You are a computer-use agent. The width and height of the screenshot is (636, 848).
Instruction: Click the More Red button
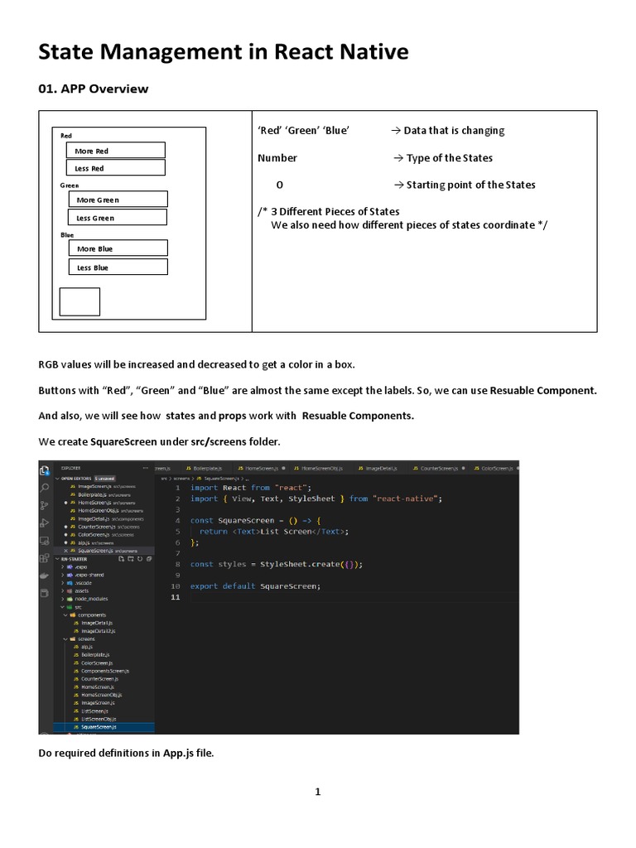[115, 151]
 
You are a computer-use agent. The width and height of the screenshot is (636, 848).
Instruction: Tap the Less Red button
[115, 168]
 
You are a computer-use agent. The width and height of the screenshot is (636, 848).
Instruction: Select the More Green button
[117, 200]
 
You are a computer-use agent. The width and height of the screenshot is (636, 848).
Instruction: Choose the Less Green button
[117, 218]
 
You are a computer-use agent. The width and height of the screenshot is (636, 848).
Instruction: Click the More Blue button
[117, 248]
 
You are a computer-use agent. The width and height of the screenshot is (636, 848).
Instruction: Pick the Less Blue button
[117, 267]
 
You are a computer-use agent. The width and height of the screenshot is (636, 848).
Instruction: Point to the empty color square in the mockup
[79, 301]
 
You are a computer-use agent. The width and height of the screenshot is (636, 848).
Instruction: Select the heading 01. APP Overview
[94, 89]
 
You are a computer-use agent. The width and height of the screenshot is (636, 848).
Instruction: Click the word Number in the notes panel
[277, 158]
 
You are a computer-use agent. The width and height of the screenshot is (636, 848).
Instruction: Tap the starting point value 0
[279, 185]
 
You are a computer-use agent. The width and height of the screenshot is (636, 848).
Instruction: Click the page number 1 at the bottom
[317, 792]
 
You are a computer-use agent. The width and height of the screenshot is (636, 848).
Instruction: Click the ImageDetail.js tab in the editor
[382, 468]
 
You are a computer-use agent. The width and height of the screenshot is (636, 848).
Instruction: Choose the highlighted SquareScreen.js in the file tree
[99, 727]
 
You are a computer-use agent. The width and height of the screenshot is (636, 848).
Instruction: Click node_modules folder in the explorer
[91, 599]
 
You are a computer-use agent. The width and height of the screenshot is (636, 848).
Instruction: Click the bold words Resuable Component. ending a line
[543, 390]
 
